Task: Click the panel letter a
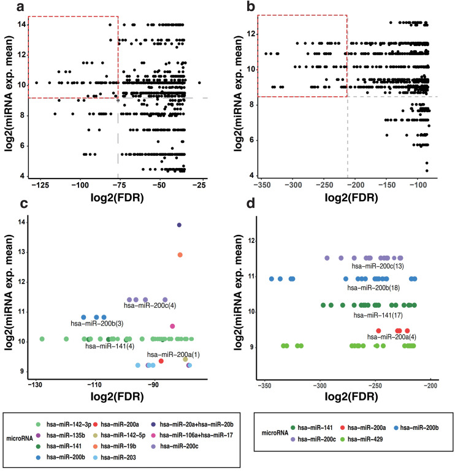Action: pos(9,9)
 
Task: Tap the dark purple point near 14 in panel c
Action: pos(179,225)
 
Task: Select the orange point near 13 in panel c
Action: pos(180,255)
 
